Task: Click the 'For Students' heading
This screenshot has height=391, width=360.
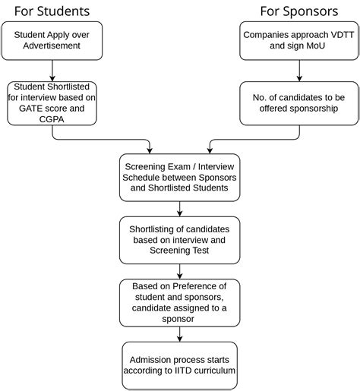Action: [52, 11]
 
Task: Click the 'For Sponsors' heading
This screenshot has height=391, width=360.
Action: [298, 11]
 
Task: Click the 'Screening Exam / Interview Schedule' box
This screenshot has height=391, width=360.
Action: [178, 177]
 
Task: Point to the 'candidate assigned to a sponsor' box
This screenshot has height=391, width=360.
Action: [178, 302]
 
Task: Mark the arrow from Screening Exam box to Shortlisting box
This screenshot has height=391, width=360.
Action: [178, 207]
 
